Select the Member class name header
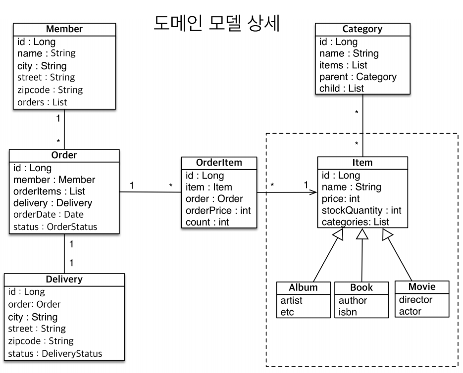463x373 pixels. point(64,29)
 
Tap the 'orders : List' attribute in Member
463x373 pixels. point(42,102)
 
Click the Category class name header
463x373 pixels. point(362,29)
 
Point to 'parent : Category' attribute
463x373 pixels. point(358,77)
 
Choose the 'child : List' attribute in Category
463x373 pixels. point(342,89)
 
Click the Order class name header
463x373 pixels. point(64,155)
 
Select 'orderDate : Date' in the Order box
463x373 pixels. point(49,215)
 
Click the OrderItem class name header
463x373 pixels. point(219,163)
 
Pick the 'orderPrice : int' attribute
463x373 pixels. point(218,210)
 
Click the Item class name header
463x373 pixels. point(362,162)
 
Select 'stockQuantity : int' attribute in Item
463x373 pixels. point(361,210)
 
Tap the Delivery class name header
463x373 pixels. point(64,279)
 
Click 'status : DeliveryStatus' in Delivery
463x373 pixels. point(55,353)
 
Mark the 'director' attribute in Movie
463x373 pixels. point(415,299)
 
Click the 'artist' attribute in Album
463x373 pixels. point(291,300)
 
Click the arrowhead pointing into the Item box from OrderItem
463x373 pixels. point(313,192)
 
